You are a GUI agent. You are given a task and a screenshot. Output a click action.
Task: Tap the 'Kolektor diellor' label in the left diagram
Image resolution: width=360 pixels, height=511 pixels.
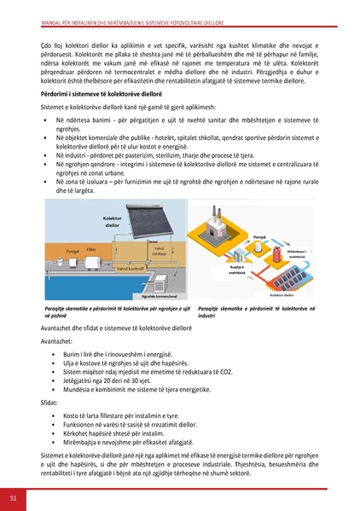(113, 222)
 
